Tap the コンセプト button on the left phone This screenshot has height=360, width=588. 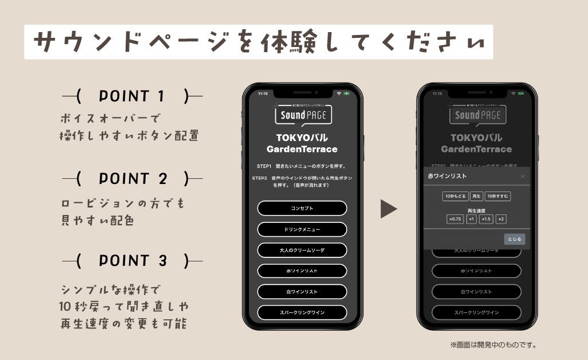point(302,208)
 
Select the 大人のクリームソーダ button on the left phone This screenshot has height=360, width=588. point(302,250)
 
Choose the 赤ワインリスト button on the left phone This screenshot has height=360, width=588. point(302,271)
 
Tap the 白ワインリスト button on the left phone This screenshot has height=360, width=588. point(302,292)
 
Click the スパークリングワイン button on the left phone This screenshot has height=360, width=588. point(302,312)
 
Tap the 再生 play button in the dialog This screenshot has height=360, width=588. point(476,196)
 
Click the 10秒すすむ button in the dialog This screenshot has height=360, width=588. point(497,196)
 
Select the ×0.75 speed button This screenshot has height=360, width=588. point(455,219)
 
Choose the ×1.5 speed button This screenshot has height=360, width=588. point(486,219)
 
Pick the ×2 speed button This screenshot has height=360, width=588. point(501,219)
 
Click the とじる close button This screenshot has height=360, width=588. point(515,240)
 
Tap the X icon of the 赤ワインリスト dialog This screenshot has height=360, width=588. point(523,176)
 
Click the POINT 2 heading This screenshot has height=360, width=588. point(133,179)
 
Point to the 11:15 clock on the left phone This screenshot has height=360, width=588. point(263,93)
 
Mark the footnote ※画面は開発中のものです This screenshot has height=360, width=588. point(493,345)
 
